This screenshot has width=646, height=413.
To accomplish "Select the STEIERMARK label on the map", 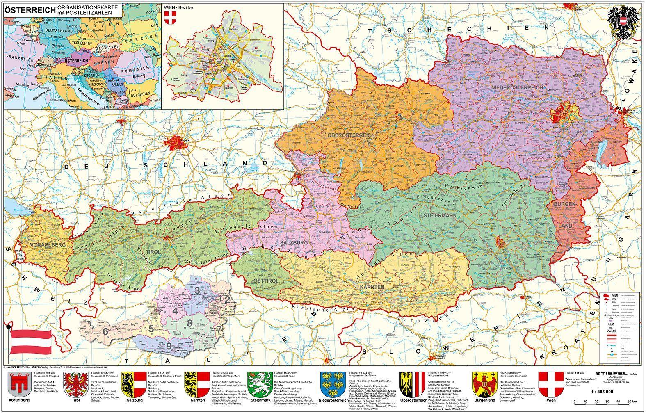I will [442, 214].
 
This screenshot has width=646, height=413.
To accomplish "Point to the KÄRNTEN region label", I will [372, 286].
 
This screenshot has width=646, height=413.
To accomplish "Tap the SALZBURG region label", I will [294, 243].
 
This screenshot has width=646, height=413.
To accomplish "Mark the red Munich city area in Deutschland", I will [177, 143].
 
